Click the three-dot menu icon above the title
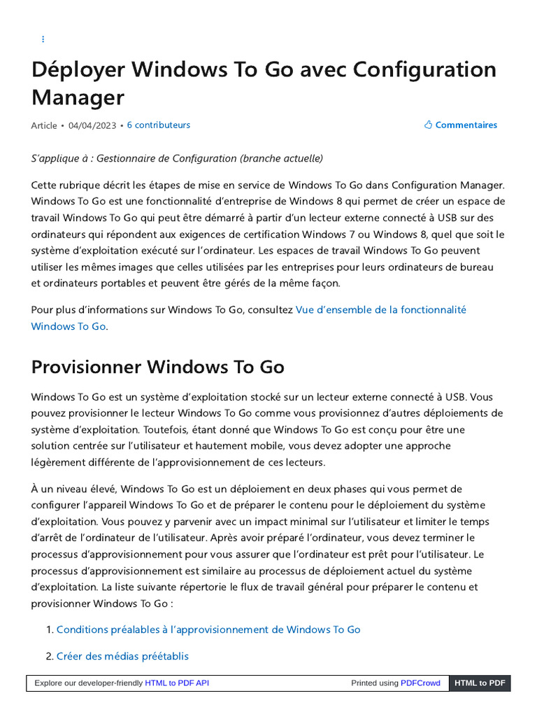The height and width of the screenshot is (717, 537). click(43, 39)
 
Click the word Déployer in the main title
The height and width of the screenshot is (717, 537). click(77, 70)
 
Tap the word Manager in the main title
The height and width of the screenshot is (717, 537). click(78, 97)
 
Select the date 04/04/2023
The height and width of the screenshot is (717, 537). click(92, 125)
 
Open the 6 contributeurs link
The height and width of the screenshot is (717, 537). click(158, 125)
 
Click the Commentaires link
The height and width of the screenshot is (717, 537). click(466, 125)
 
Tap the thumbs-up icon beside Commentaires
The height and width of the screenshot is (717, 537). click(429, 125)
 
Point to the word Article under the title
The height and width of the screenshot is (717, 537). click(44, 125)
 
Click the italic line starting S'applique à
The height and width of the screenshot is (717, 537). click(177, 158)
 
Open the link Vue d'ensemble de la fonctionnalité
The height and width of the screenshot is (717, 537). click(380, 309)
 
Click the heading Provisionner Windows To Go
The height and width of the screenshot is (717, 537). click(157, 368)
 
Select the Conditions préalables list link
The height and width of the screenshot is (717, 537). click(208, 629)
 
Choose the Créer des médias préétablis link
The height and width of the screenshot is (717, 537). click(122, 656)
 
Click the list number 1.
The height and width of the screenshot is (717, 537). click(49, 629)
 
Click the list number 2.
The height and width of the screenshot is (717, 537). click(49, 656)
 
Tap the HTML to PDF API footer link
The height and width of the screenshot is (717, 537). click(177, 683)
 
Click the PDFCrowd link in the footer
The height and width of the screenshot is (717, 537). click(420, 683)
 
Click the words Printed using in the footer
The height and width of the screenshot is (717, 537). click(375, 683)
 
